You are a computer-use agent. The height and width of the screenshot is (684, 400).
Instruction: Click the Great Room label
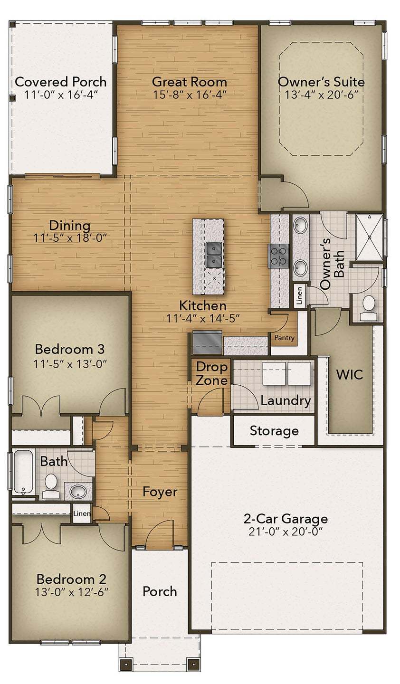pos(189,82)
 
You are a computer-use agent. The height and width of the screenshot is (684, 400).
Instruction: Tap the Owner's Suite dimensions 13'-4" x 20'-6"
pos(321,95)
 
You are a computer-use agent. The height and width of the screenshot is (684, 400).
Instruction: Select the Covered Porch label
pos(61,82)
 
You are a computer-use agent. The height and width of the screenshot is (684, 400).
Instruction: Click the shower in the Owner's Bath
pos(369,236)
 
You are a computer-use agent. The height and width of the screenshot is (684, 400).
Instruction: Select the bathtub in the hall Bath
pos(22,472)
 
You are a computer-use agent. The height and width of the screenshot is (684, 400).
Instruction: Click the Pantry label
pos(284,338)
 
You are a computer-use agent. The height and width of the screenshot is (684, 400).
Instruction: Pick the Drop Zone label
pos(212,373)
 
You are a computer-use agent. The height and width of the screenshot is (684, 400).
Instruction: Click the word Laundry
pos(286,400)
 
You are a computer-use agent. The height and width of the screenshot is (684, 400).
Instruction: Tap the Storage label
pos(274,431)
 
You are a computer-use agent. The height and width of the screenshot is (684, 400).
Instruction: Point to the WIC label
pos(350,374)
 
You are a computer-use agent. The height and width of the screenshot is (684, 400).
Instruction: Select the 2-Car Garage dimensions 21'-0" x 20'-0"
pos(285,531)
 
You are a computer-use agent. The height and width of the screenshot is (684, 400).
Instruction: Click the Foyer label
pos(160,492)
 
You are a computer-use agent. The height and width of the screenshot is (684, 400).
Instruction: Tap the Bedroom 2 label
pos(71,579)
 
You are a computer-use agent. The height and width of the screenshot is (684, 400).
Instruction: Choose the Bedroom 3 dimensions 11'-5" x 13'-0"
pos(70,364)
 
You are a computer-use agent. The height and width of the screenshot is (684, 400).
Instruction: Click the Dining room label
pos(70,225)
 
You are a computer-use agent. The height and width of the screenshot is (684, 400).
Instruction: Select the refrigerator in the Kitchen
pos(207,343)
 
